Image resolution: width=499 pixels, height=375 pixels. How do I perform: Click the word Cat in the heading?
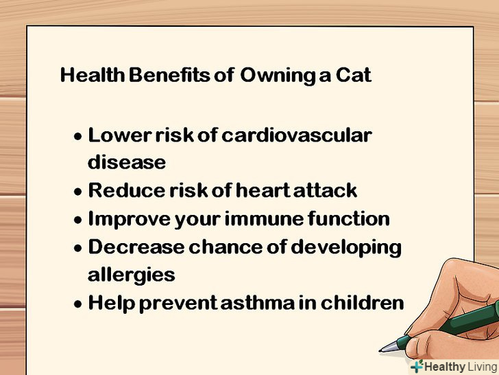pos(353,75)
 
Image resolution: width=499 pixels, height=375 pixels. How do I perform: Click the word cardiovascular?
pos(297,135)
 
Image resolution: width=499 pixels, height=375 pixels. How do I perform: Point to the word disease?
pos(127,161)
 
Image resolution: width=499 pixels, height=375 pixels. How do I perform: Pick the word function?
pos(348,218)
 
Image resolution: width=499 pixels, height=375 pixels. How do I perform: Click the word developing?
pos(346,248)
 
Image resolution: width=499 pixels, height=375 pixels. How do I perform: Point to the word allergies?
pos(131,275)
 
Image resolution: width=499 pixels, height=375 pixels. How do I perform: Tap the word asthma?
pos(258,302)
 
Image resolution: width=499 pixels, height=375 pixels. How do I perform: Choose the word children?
pos(362,302)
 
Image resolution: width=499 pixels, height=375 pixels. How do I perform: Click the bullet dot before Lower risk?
pos(77,137)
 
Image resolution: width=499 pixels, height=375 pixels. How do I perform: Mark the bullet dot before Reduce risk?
pos(77,192)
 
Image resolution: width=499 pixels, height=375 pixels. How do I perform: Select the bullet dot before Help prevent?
pos(77,304)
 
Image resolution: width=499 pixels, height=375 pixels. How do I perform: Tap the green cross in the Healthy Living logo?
pos(417,366)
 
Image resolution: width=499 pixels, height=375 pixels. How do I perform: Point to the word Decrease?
pos(136,247)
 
